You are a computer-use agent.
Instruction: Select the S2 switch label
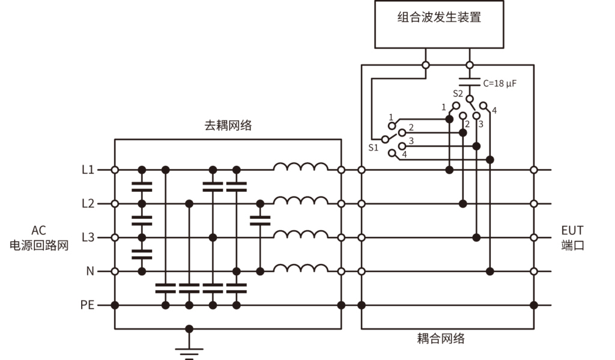pos(458,94)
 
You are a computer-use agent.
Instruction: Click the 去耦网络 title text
pos(228,126)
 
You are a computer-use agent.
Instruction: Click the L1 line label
pos(88,170)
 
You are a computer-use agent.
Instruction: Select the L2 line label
pos(88,204)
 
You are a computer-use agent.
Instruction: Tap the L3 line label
pos(88,237)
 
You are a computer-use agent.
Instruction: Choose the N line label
pos(90,271)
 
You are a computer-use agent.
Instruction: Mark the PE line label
pos(88,305)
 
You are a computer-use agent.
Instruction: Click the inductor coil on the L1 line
pos(301,166)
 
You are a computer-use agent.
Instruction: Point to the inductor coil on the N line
pos(301,268)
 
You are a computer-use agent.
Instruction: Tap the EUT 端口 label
pos(572,238)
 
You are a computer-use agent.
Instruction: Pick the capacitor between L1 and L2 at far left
pos(142,186)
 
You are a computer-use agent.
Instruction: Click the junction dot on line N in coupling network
pos(490,272)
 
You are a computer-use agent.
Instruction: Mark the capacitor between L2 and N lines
pos(259,220)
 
